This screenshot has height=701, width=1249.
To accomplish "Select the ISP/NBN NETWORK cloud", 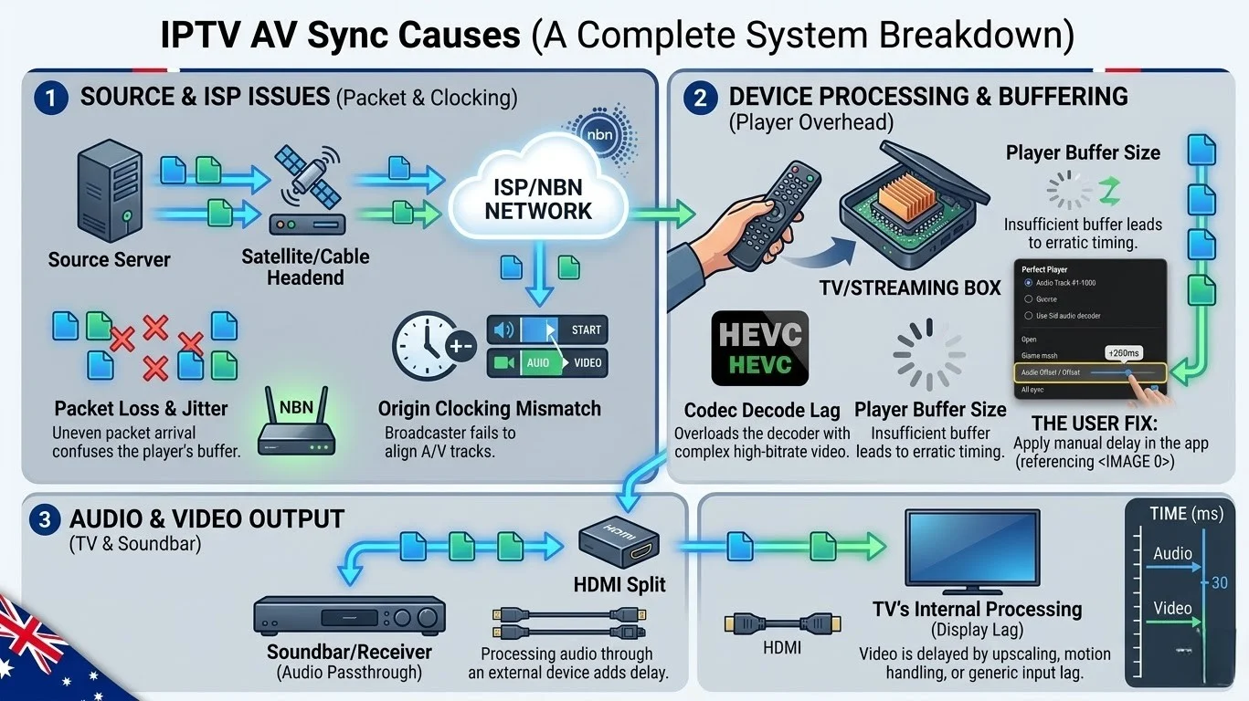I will click(x=538, y=198).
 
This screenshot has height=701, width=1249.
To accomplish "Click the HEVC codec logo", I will click(x=760, y=348).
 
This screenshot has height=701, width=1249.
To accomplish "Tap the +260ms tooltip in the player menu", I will click(x=1123, y=352).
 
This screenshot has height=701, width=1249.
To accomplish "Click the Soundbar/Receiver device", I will click(x=348, y=616).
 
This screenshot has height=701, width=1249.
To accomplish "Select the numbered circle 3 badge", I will click(x=44, y=519).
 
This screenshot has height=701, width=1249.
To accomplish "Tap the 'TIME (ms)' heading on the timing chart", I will click(x=1185, y=514).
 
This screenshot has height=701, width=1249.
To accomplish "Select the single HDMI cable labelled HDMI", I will click(x=781, y=623).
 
